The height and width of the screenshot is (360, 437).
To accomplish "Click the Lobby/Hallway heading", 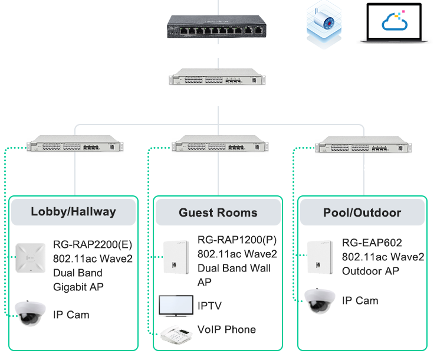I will (x=74, y=212).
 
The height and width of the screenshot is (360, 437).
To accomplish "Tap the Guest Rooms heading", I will (x=218, y=212).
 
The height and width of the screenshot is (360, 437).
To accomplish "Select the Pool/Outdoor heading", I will (x=362, y=212).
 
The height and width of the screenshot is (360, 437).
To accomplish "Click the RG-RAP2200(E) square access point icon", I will (x=32, y=258).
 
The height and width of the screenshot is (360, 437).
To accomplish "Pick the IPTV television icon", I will (x=176, y=305).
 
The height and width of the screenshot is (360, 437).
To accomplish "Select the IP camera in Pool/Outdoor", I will (x=319, y=300).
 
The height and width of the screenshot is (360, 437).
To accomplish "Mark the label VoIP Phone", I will (x=227, y=329).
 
